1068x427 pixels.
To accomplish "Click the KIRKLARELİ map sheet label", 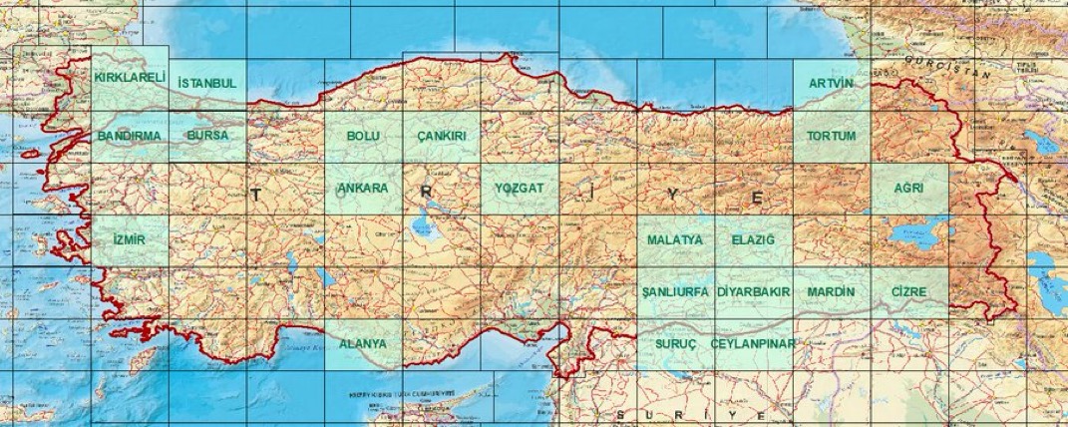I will [x=130, y=76].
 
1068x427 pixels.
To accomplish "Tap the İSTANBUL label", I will [x=206, y=83].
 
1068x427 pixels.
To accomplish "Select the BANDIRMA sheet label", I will [x=130, y=135].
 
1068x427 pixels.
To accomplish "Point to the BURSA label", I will [x=207, y=135].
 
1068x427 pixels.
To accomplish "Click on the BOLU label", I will [x=363, y=135].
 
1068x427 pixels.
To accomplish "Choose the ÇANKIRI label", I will [x=441, y=135].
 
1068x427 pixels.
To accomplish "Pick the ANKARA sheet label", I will [x=363, y=188].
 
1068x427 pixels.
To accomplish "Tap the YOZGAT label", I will [x=519, y=188].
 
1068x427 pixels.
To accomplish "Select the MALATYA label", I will [x=675, y=240].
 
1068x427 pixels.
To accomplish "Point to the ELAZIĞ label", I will [x=753, y=240].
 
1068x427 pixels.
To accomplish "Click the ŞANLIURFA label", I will [x=675, y=291].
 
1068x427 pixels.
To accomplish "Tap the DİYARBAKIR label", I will [x=753, y=291].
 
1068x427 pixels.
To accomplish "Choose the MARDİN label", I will [x=832, y=291].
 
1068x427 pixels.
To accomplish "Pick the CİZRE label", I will [x=908, y=291].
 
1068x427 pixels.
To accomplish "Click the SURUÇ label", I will [x=675, y=343].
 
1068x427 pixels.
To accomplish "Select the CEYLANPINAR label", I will [x=753, y=343].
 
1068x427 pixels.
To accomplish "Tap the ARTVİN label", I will [x=832, y=83].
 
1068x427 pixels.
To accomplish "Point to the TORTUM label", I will [x=832, y=135].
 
